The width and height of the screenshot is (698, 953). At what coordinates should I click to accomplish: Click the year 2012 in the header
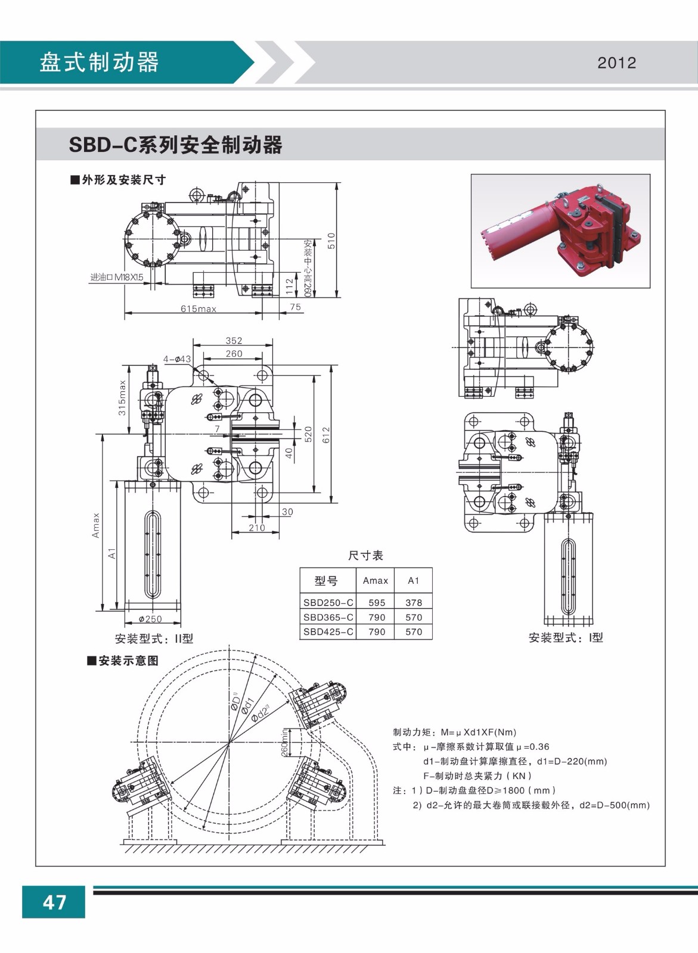click(x=617, y=63)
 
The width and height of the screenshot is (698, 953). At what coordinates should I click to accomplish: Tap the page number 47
click(x=54, y=902)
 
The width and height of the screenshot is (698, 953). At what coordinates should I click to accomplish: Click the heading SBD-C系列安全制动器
click(x=176, y=145)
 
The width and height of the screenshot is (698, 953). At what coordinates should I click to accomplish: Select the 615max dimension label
click(x=198, y=309)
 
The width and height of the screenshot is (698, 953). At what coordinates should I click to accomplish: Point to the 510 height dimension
click(x=332, y=240)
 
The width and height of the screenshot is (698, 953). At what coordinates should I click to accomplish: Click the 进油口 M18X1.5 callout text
click(x=117, y=277)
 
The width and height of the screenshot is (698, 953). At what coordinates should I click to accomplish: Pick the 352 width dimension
click(x=234, y=341)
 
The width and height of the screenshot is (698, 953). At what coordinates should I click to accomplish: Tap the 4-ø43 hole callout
click(x=177, y=359)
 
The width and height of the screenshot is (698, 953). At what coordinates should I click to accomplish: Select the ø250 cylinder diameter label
click(x=150, y=619)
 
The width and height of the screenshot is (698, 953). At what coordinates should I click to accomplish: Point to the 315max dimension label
click(x=122, y=398)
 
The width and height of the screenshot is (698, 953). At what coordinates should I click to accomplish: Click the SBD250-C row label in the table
click(x=328, y=603)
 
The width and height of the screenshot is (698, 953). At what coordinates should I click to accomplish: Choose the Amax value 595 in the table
click(x=377, y=603)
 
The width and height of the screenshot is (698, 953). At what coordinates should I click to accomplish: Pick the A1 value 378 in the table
click(x=414, y=603)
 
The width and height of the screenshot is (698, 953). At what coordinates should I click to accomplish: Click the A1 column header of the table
click(x=414, y=580)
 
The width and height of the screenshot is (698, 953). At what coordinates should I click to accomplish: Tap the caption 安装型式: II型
click(x=154, y=639)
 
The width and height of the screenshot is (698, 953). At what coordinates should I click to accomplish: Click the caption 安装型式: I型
click(x=566, y=637)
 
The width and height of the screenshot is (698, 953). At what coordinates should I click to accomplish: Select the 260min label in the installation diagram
click(x=285, y=743)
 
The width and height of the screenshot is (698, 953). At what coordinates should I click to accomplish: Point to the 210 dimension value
click(x=256, y=528)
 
